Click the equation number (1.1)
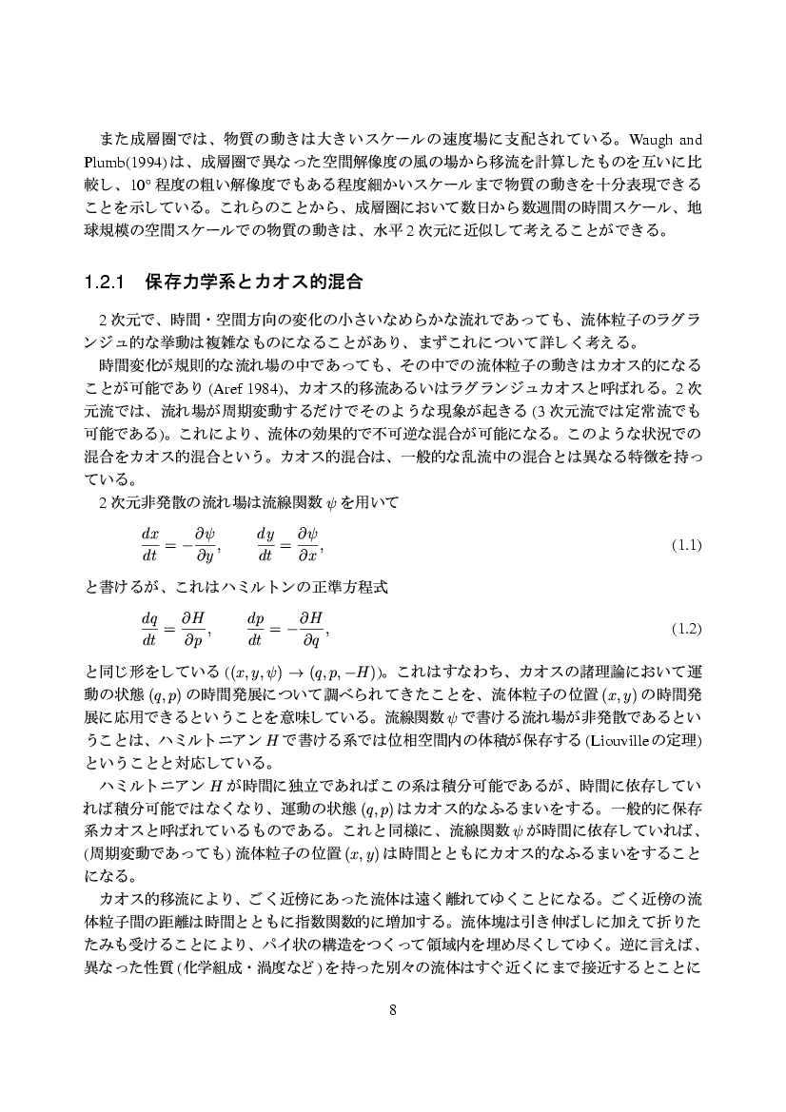[x=686, y=546]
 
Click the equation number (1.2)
[x=686, y=629]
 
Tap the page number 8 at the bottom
[x=393, y=1009]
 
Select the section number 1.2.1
[x=106, y=283]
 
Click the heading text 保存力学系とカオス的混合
[x=254, y=283]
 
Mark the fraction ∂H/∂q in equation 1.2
[x=311, y=629]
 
